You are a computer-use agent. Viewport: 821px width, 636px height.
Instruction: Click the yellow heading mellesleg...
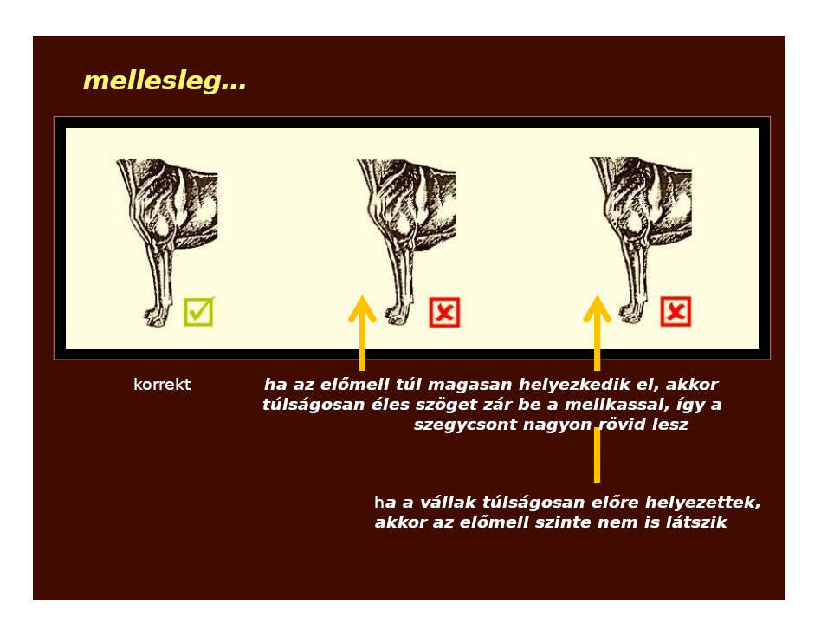click(x=165, y=81)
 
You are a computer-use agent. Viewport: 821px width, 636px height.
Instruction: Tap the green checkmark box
click(x=198, y=312)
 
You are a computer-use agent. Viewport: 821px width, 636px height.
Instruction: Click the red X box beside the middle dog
click(x=444, y=312)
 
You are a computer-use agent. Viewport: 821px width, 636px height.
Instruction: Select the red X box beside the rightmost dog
click(x=676, y=312)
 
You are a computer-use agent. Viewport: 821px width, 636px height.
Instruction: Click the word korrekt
click(x=162, y=385)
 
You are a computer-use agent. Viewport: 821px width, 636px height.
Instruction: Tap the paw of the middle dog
click(x=398, y=314)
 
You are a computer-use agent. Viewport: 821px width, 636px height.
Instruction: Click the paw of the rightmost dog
click(x=632, y=312)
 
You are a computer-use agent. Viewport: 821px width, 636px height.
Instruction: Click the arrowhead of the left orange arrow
click(x=362, y=308)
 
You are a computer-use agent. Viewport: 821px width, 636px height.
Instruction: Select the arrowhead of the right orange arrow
click(x=597, y=308)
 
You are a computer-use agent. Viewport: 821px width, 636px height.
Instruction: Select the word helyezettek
click(x=702, y=503)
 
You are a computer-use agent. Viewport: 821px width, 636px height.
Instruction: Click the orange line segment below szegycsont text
click(x=597, y=455)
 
